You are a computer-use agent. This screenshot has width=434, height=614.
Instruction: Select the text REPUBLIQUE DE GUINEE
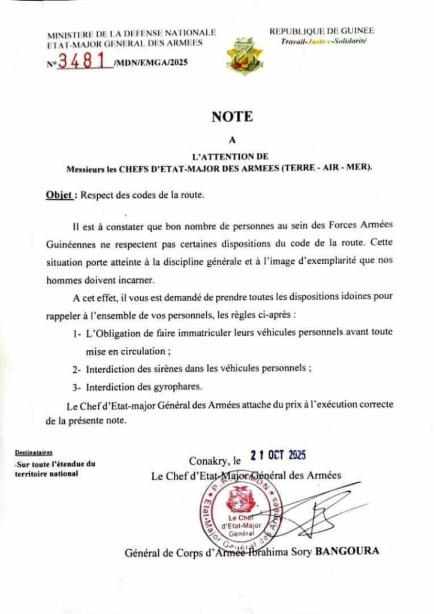click(x=321, y=31)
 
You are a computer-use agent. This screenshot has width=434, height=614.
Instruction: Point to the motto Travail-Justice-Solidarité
click(x=324, y=41)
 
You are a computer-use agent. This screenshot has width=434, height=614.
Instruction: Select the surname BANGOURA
click(x=347, y=551)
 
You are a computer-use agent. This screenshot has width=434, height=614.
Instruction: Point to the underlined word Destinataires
click(x=34, y=453)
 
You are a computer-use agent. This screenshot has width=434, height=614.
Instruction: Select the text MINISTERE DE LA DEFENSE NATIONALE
click(x=131, y=32)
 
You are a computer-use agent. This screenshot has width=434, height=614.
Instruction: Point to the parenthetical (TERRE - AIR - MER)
click(x=326, y=169)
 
